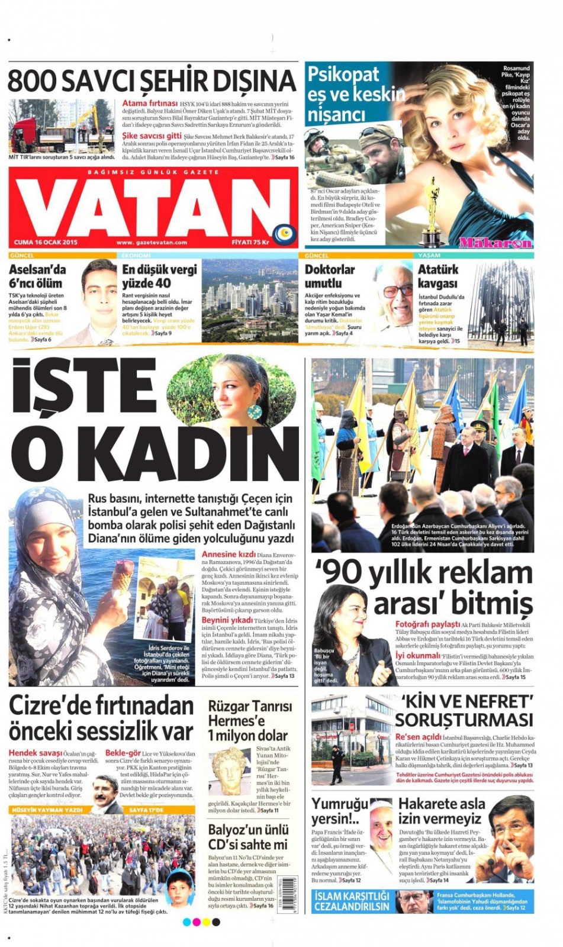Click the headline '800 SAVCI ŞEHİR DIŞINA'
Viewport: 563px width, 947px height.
coord(152,81)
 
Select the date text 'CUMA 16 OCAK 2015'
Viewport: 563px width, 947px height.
coord(46,242)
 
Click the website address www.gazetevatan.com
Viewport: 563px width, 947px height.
coord(152,242)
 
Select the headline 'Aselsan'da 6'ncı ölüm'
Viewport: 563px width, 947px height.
coord(37,276)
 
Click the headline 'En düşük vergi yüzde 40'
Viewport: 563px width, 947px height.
coord(159,276)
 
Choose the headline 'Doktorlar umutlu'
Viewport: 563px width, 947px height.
coord(330,276)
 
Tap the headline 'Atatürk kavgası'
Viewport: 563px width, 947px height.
coord(438,276)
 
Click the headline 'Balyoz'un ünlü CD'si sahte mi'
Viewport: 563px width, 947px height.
coord(248,837)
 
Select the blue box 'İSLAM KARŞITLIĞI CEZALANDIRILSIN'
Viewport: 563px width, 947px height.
coord(352,901)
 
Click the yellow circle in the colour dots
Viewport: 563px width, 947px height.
coord(206,922)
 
